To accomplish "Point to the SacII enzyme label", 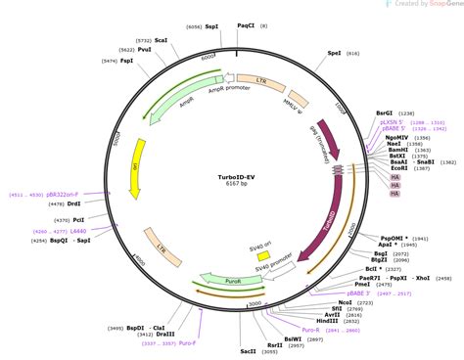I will (x=249, y=349).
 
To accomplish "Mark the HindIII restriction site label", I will (x=326, y=321).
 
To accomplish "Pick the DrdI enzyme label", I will (x=74, y=203).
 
